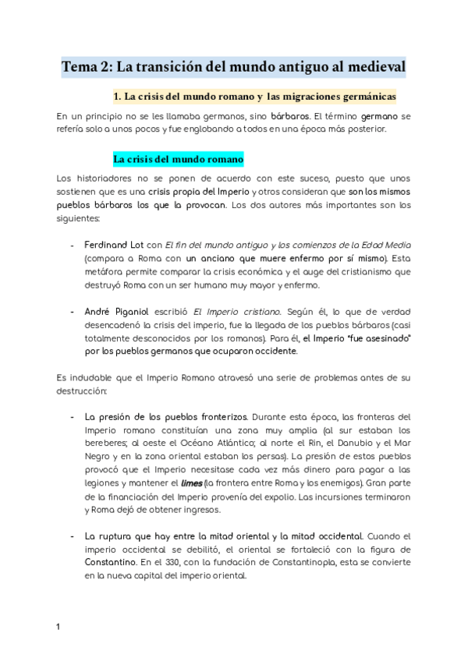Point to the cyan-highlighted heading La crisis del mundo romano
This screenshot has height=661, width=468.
(x=179, y=159)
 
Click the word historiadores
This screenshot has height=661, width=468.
(x=105, y=178)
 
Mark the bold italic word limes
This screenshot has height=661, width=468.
(x=191, y=483)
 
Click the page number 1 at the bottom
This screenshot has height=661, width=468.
(x=58, y=626)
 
